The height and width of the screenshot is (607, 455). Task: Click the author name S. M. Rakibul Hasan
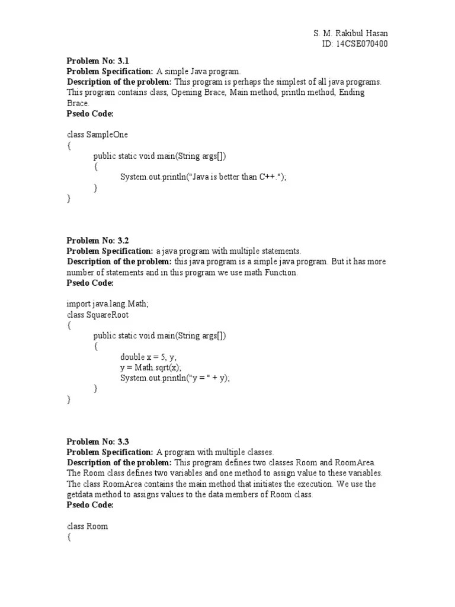coord(350,33)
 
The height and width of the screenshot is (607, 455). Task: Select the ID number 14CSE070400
coord(361,44)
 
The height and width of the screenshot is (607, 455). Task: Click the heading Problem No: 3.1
coord(97,60)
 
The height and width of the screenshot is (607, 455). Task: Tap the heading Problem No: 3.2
coord(97,240)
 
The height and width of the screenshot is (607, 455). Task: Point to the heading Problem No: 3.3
coord(97,442)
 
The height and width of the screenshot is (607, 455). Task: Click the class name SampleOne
coord(107,135)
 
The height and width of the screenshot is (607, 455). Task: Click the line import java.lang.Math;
coord(107,303)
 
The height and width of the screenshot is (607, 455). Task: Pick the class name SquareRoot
coord(107,315)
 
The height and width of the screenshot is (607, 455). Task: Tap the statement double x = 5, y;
coord(148,357)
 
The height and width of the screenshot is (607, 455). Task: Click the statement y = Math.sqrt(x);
coord(150,368)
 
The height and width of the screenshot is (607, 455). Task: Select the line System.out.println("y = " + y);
coord(175,378)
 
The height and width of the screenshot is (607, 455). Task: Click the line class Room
coord(87,526)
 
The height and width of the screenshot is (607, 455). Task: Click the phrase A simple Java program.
coord(198,71)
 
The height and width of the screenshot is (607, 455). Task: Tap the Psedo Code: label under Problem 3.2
coord(89,283)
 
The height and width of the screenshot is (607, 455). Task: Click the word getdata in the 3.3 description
coord(81,494)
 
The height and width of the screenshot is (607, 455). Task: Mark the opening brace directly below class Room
coord(69,537)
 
